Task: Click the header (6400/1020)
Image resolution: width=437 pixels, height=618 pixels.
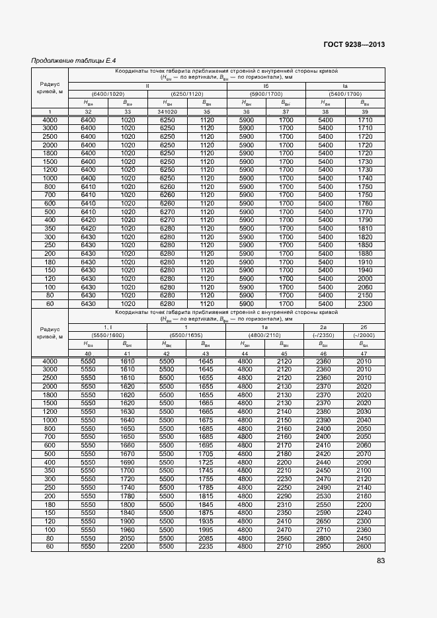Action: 108,95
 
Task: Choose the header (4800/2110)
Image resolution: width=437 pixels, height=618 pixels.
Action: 264,336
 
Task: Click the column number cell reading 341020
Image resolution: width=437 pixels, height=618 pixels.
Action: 167,112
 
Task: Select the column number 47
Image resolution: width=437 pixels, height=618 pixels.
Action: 364,354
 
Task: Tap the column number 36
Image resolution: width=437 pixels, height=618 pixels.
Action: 246,112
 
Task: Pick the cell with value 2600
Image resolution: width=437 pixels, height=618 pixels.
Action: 364,547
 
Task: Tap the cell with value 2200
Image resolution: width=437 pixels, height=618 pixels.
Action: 127,547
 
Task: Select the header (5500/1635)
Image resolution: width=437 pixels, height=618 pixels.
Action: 186,336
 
